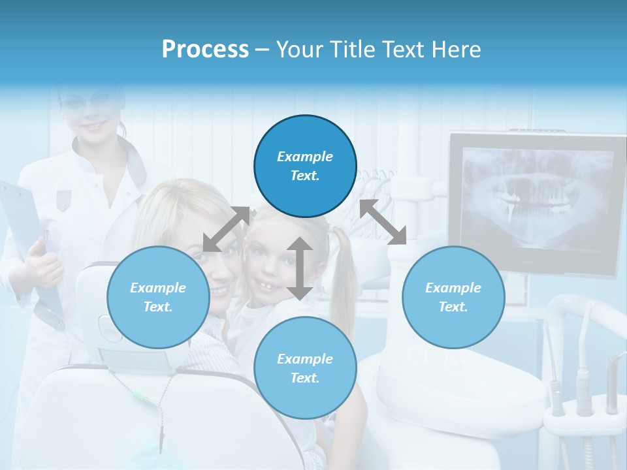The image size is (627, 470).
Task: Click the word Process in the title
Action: (x=205, y=50)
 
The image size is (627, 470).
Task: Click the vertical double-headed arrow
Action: (x=300, y=268)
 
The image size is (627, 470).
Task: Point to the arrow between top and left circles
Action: (x=226, y=229)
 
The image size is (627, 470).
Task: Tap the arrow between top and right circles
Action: (x=383, y=222)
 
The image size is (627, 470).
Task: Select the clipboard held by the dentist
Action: (x=26, y=242)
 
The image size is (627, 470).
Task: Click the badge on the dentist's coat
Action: (x=63, y=199)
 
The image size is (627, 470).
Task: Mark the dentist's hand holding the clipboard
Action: (x=47, y=261)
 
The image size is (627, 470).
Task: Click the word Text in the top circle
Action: (x=304, y=176)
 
